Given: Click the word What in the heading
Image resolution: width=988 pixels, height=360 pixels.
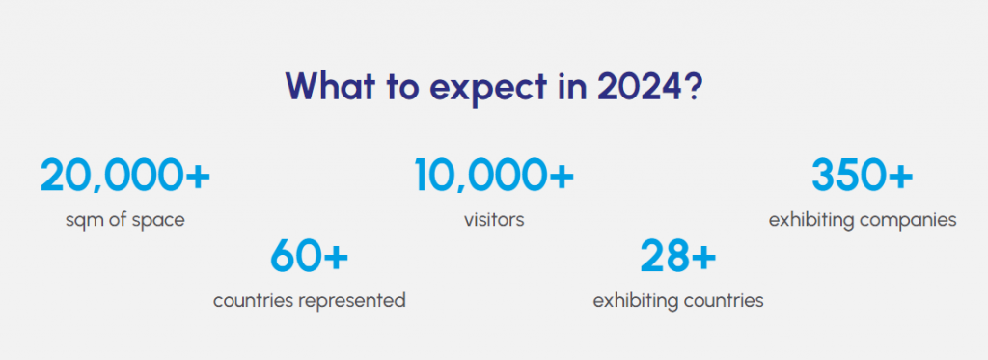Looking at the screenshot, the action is coord(330,86).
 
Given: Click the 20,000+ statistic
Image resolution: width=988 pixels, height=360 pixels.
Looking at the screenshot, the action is coord(124,175).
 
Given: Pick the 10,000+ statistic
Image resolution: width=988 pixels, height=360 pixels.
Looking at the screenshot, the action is coord(494,175).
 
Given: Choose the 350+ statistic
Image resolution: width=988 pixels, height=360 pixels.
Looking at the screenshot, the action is coord(862,175).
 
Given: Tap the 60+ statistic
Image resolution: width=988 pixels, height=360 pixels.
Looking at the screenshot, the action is coord(309,256).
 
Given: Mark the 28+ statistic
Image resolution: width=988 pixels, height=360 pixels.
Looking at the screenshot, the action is coord(678,256).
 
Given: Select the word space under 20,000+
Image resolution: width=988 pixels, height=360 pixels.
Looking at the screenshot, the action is coord(162,222).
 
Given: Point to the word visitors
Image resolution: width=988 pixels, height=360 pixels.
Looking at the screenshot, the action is coord(494,220).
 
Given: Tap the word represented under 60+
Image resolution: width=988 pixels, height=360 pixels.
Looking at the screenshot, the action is coord(361,301).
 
